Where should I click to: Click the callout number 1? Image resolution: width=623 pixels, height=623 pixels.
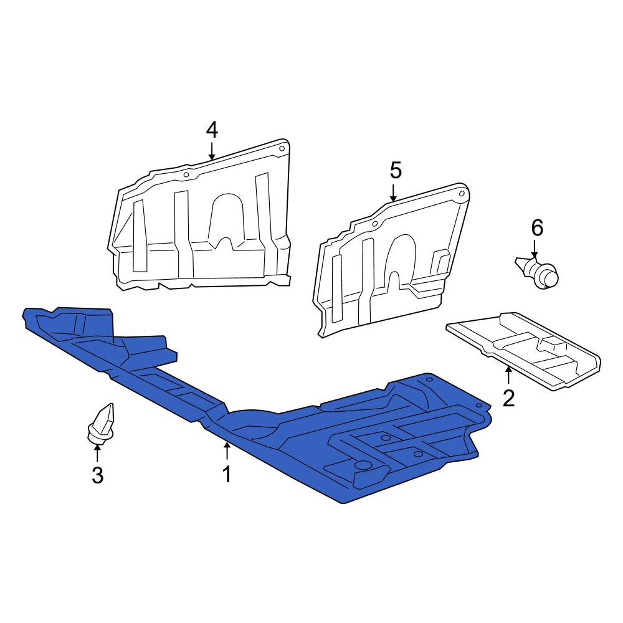[x=227, y=474]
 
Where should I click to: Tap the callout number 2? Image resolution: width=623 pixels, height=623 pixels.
[x=508, y=399]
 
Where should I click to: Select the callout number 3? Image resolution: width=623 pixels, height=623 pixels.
[x=98, y=475]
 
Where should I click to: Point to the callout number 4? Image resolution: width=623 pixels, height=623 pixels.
[x=212, y=130]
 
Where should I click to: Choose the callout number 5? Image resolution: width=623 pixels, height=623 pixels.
[x=396, y=171]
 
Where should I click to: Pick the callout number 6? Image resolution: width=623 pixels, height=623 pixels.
[x=537, y=229]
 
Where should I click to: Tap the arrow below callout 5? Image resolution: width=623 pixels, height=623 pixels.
[x=393, y=193]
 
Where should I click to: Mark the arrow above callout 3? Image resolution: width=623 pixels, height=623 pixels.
[x=97, y=454]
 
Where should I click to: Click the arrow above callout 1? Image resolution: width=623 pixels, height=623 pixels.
[x=227, y=450]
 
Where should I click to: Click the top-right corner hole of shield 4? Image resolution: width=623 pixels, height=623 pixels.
[x=282, y=149]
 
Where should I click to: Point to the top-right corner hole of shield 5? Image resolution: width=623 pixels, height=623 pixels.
[x=462, y=194]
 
